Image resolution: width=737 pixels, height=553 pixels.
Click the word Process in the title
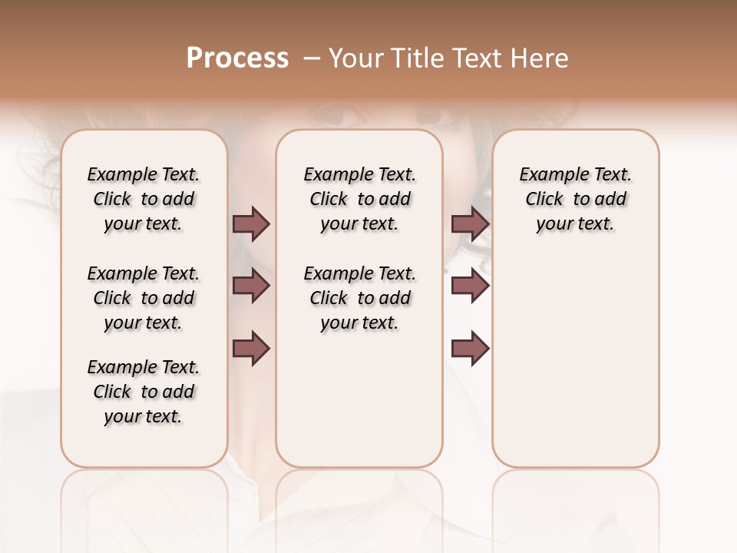(x=237, y=58)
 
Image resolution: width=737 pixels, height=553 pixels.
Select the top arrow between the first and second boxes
(x=251, y=224)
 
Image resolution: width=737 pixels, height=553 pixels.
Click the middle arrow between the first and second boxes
(x=251, y=286)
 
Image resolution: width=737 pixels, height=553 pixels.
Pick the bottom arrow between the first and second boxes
(x=251, y=349)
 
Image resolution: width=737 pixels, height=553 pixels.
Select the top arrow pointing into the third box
(x=470, y=224)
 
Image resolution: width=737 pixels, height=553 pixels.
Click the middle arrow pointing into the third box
(x=470, y=286)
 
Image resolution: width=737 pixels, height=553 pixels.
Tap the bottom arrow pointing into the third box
(x=470, y=349)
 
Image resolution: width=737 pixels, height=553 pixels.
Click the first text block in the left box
(x=144, y=199)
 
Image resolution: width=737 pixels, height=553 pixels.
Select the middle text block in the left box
(x=144, y=298)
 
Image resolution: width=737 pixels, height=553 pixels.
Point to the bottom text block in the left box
(x=144, y=392)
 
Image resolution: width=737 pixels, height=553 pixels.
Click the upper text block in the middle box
(x=359, y=199)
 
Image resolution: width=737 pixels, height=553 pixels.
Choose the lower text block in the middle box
(x=359, y=298)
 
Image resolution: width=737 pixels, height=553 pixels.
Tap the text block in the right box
(x=576, y=199)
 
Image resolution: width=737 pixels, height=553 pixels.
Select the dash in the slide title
(x=311, y=58)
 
